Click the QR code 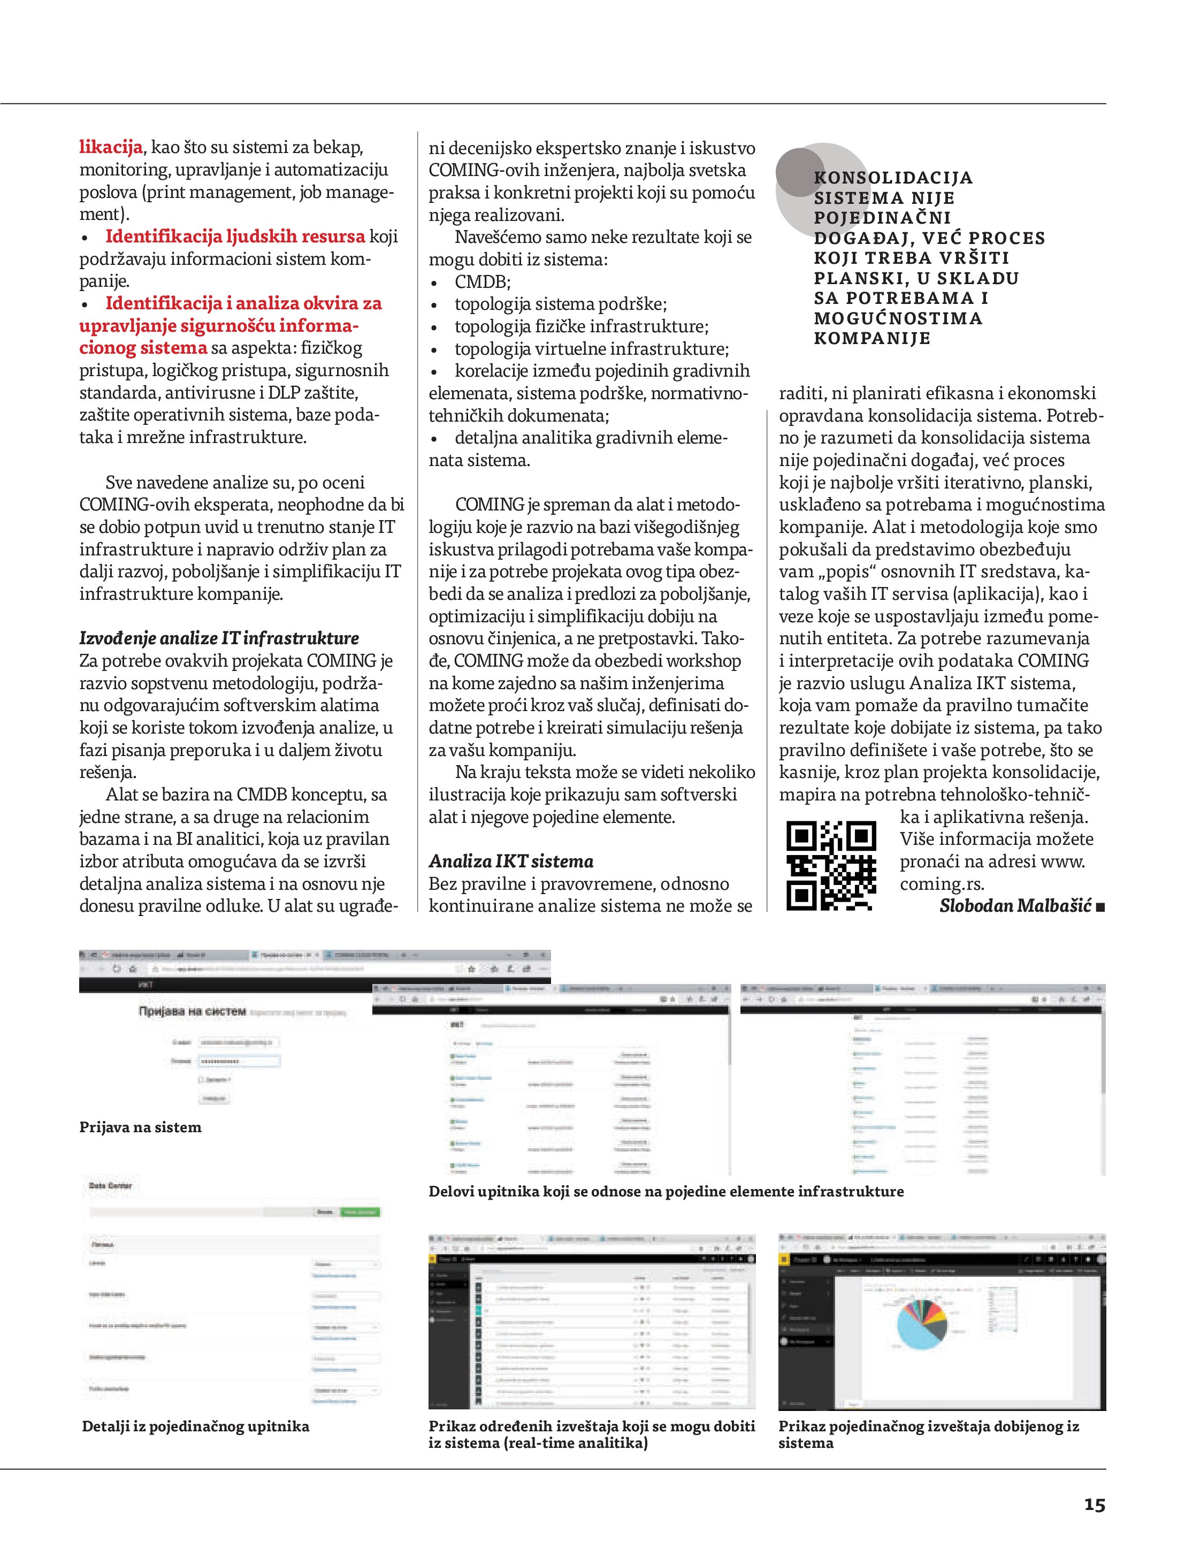[831, 865]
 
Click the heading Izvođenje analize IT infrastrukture [219, 638]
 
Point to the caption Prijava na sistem [140, 1127]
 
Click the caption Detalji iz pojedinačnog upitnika [196, 1426]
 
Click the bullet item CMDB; [482, 281]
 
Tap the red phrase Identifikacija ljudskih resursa [235, 236]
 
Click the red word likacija [111, 147]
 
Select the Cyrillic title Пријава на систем [192, 1012]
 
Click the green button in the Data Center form [361, 1212]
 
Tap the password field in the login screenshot [239, 1061]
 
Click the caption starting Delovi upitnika [666, 1192]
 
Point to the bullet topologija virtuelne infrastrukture [591, 348]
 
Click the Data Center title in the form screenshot [110, 1186]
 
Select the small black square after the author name [1100, 907]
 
